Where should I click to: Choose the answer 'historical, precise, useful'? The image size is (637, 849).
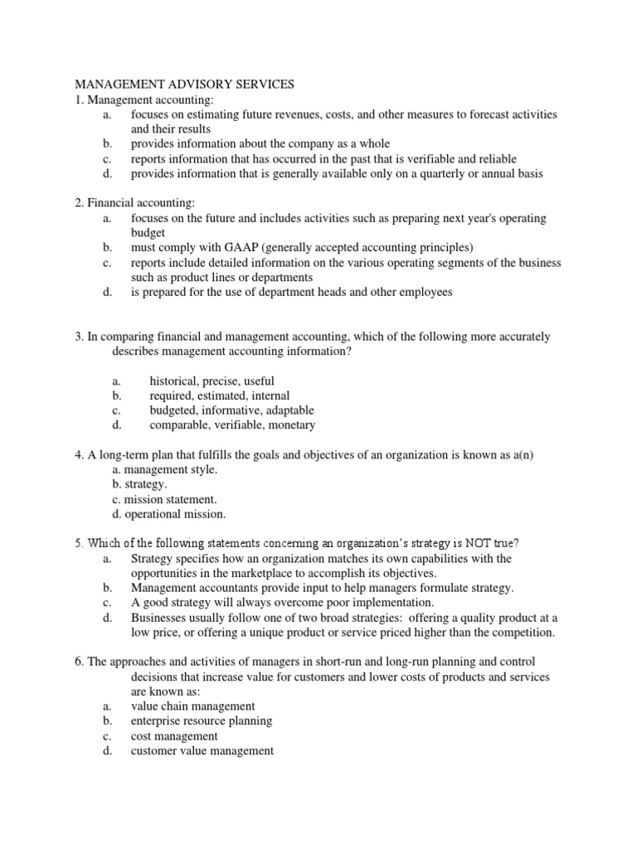click(x=211, y=381)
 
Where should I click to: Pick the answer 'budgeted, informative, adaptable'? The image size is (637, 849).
click(x=231, y=410)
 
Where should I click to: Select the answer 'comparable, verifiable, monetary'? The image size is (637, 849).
click(x=232, y=425)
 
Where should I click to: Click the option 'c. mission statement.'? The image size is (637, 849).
click(x=163, y=499)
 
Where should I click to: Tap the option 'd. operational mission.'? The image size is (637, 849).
click(x=168, y=514)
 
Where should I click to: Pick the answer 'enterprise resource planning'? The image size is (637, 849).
click(x=202, y=721)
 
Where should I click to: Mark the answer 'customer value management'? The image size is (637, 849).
click(x=202, y=751)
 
